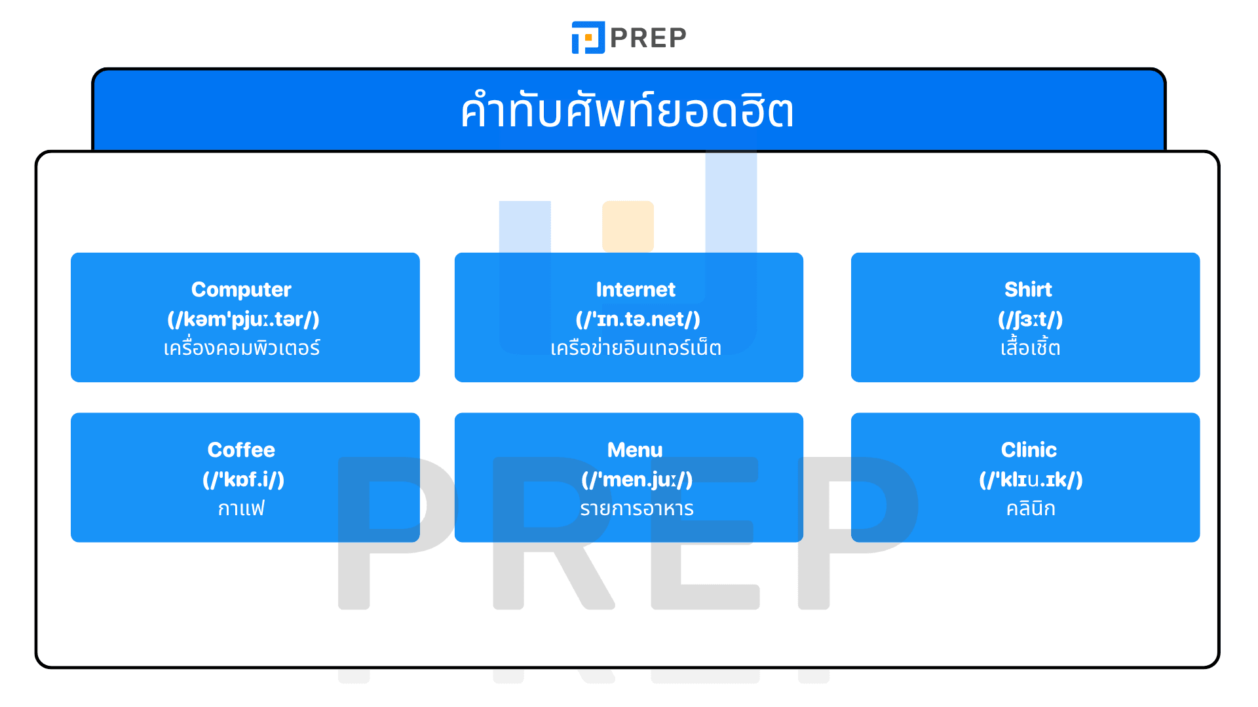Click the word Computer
tap(241, 289)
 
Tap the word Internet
tap(635, 289)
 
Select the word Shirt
tap(1028, 289)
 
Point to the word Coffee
tap(241, 450)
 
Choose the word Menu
tap(635, 450)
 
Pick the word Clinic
tap(1029, 450)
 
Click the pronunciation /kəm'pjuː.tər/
tap(243, 319)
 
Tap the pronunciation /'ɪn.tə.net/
tap(638, 319)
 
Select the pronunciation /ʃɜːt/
tap(1030, 319)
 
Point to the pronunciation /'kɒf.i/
tap(243, 480)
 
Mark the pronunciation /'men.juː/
tap(637, 480)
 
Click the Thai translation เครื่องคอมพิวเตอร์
tap(242, 348)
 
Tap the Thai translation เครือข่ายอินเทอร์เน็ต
tap(636, 348)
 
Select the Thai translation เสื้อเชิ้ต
tap(1030, 348)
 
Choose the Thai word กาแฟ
tap(241, 509)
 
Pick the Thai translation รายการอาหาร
tap(636, 509)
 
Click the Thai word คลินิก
tap(1030, 509)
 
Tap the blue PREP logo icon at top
tap(588, 37)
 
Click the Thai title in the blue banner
tap(627, 111)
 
